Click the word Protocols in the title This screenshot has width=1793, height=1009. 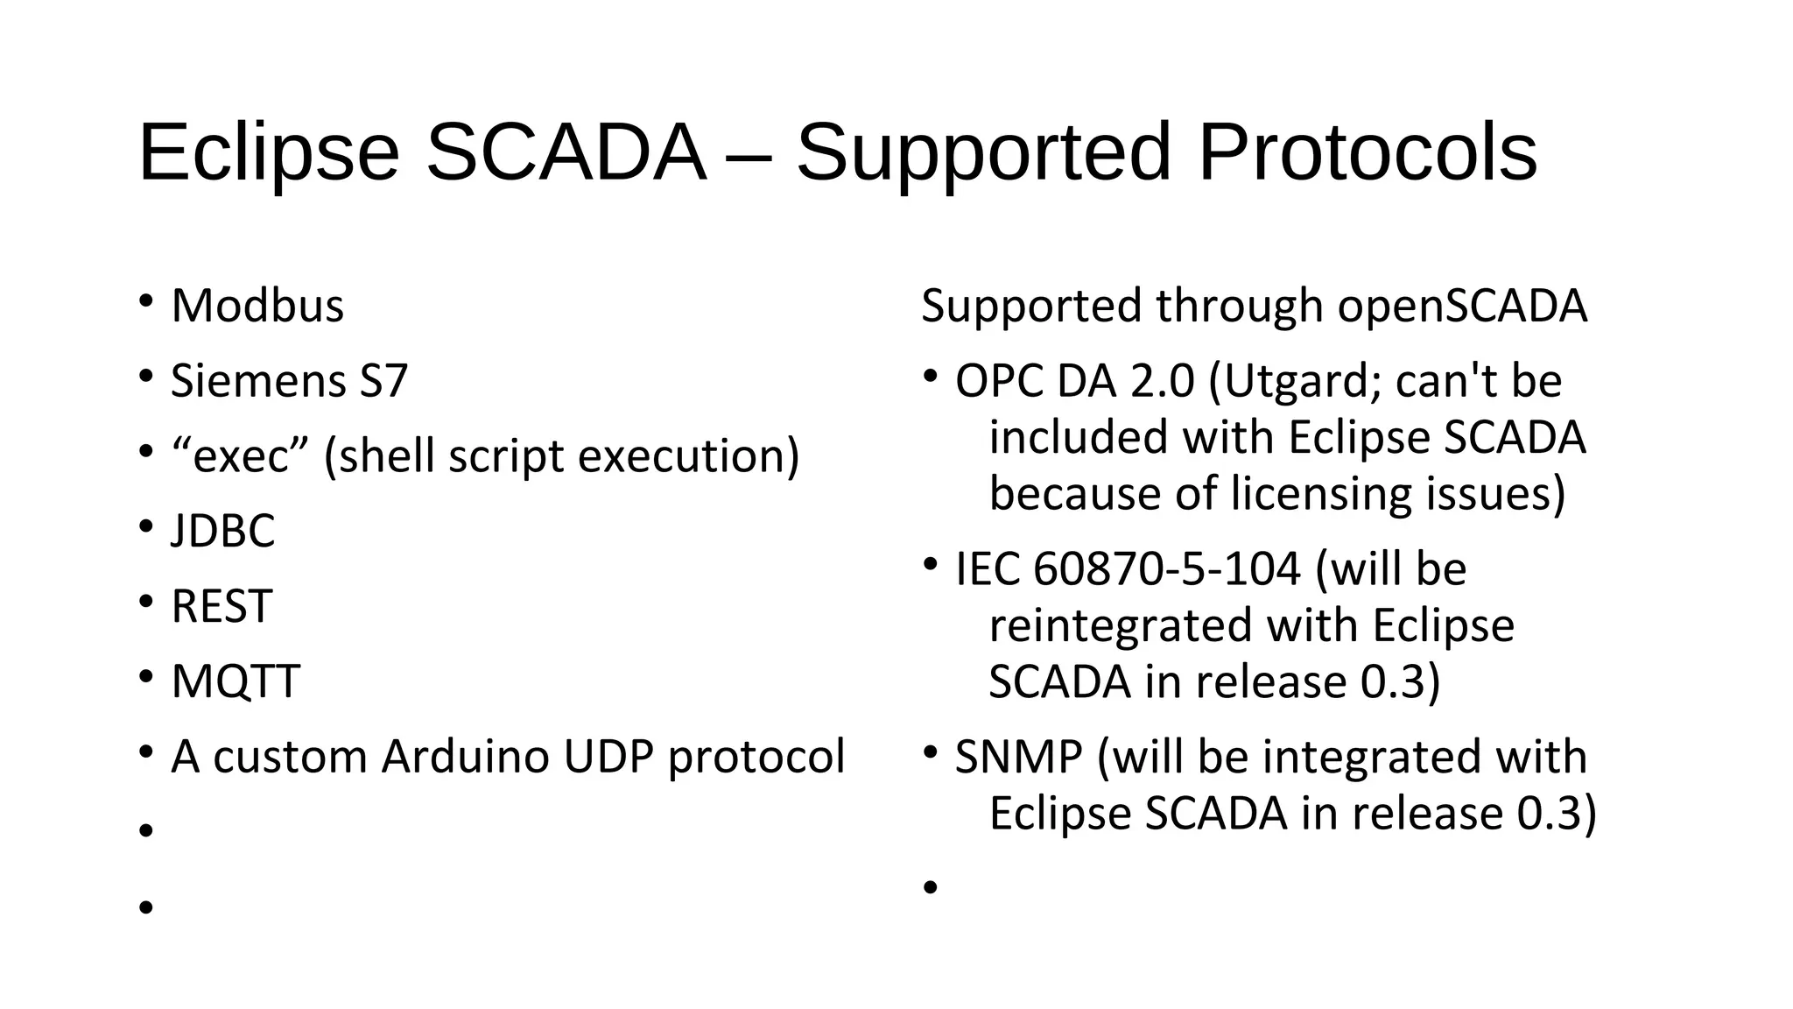[1367, 153]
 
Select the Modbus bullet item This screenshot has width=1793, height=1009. [257, 307]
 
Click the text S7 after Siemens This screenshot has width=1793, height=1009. [383, 382]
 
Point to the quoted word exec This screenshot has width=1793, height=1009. [241, 457]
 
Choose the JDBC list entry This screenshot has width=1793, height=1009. [222, 532]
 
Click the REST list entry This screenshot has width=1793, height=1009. [221, 607]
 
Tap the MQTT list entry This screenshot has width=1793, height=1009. [236, 682]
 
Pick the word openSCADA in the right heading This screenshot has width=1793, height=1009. [1462, 307]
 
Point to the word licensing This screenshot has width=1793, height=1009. [1321, 494]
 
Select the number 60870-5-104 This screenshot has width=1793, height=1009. [1167, 569]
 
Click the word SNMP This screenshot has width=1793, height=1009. [1018, 757]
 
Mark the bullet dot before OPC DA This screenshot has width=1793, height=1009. [930, 377]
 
